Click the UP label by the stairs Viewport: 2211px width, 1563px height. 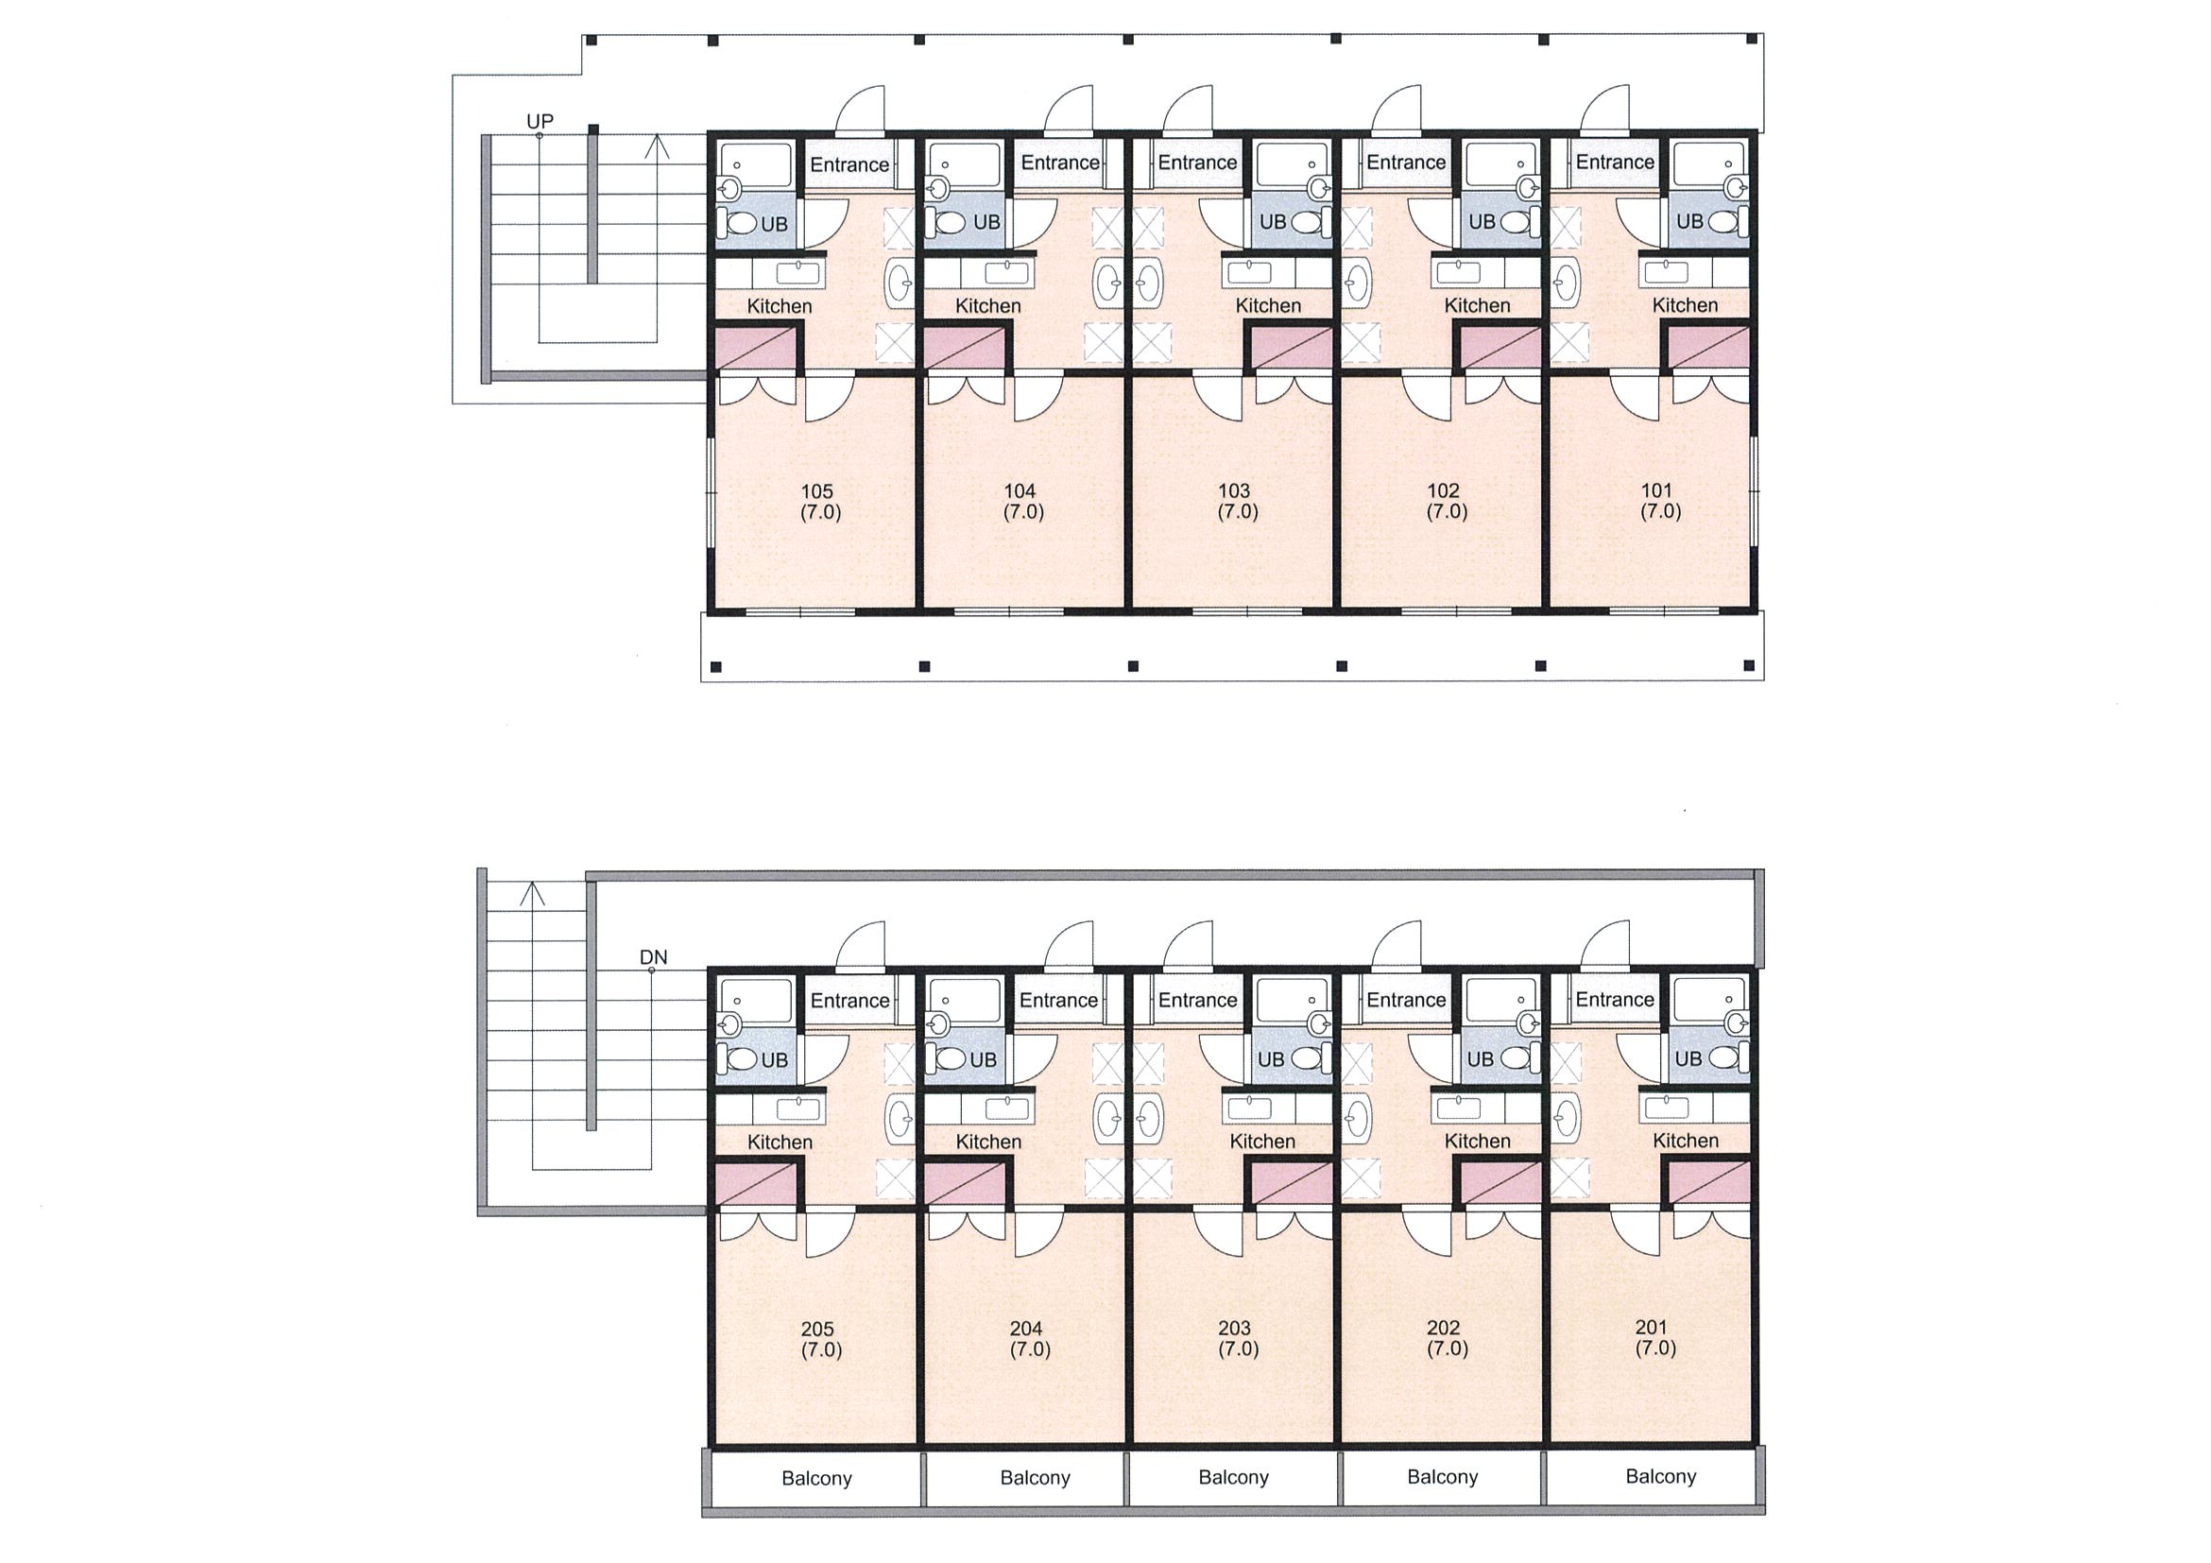pos(540,121)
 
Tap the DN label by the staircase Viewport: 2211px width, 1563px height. pos(653,957)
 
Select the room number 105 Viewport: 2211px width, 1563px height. pos(816,491)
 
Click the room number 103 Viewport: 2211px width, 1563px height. pos(1235,490)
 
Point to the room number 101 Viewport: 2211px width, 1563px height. pos(1656,490)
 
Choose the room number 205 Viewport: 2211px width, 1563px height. pos(817,1329)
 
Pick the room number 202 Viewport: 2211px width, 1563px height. pos(1444,1328)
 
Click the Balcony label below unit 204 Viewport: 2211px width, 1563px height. pos(1036,1477)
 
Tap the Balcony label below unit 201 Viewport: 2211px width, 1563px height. pos(1660,1476)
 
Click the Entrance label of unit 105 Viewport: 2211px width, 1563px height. pos(849,164)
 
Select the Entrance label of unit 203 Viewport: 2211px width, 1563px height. pos(1198,1000)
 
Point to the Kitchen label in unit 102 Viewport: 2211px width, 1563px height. pos(1477,305)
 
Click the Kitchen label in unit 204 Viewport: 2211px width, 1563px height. pos(988,1142)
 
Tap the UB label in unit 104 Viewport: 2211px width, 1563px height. pos(986,222)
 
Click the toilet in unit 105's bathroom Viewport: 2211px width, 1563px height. pos(741,223)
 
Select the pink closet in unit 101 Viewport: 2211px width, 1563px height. pos(1708,347)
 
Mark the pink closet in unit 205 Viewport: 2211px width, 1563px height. pos(756,1183)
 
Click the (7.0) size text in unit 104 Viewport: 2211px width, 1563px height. pos(1022,511)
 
